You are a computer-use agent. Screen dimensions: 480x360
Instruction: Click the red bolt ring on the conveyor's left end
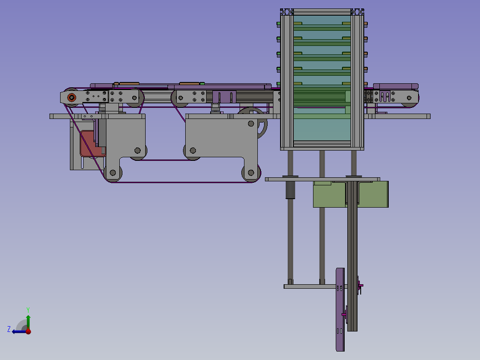(x=72, y=98)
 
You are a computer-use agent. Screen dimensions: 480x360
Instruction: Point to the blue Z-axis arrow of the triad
(x=19, y=331)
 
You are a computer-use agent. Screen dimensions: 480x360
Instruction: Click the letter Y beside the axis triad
(x=28, y=310)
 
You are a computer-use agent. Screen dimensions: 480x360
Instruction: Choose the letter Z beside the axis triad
(x=9, y=329)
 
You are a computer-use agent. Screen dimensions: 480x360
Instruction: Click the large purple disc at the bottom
(x=340, y=310)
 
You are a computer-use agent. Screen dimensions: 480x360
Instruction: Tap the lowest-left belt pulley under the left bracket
(x=113, y=173)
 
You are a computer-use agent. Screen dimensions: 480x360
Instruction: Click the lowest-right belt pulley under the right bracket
(x=251, y=173)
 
